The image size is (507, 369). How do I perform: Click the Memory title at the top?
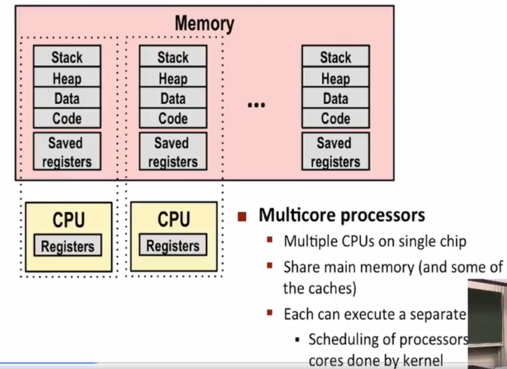(x=204, y=24)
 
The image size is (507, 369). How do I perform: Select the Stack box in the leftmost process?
(x=67, y=57)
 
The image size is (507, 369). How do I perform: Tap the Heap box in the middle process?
(x=173, y=78)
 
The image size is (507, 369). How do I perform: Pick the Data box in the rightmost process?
(x=335, y=98)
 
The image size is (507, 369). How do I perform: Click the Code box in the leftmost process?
(x=67, y=118)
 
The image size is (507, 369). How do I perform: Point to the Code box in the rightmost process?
(x=335, y=118)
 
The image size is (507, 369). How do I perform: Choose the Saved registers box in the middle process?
(x=173, y=152)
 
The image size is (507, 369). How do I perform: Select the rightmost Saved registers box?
(x=335, y=152)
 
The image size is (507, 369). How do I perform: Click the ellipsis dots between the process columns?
(x=256, y=105)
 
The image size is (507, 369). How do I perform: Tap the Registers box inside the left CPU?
(x=68, y=246)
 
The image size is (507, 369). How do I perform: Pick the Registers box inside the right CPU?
(x=173, y=245)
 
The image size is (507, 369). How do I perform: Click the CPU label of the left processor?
(x=69, y=220)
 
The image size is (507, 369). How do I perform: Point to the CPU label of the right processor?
(x=174, y=219)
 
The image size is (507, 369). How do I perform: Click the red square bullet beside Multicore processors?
(x=242, y=216)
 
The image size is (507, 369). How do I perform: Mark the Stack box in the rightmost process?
(x=335, y=57)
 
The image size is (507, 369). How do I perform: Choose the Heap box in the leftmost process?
(x=67, y=78)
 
